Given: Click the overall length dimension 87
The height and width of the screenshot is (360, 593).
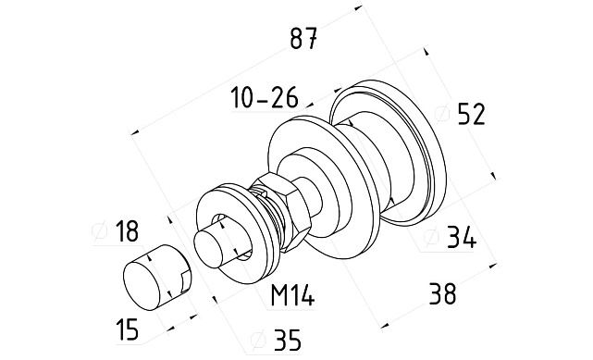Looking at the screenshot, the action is [303, 38].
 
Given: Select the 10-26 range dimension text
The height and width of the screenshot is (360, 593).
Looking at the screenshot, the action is [265, 97].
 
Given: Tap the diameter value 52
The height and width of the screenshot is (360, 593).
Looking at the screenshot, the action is [471, 115].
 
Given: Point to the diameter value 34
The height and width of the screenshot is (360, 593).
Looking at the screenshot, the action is [462, 238].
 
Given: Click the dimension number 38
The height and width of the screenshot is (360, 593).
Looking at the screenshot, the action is [442, 293].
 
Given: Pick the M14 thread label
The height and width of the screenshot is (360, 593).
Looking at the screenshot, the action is [292, 295].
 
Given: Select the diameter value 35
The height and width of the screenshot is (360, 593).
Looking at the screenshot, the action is [288, 340].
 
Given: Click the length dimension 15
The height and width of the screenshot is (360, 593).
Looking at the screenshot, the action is [128, 329].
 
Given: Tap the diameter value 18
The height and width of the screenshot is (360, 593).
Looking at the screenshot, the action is [127, 231].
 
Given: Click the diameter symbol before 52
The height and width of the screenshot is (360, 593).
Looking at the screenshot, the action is [441, 114].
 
